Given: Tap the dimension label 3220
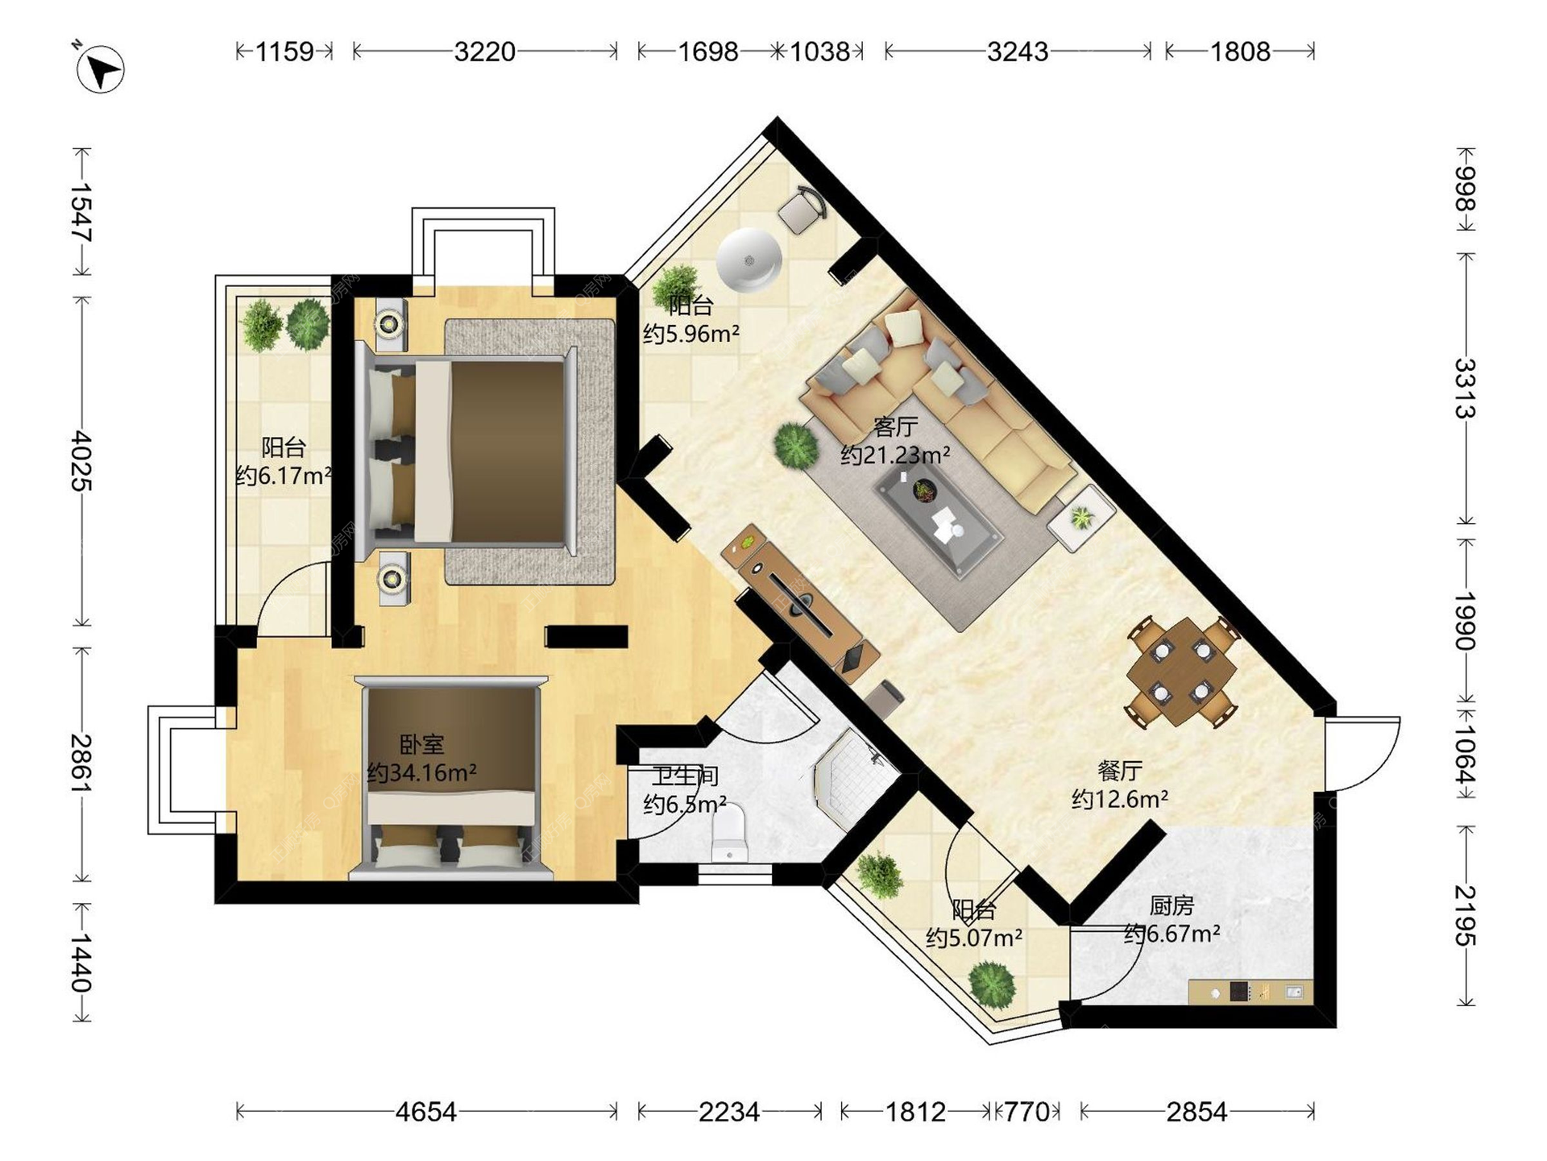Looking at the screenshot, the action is coord(484,52).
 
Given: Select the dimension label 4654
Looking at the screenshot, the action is coord(425,1112).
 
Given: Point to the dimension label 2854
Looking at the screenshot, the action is coord(1197,1112).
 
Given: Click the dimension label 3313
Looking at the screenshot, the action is coord(1465,389).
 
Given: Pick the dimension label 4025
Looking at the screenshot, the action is coord(81,460).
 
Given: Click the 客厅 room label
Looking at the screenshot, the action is coord(895,427).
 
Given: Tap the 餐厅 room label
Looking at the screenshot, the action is coord(1119,771).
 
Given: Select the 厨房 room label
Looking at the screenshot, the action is coord(1171,905).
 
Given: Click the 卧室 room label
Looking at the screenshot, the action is coord(421,744).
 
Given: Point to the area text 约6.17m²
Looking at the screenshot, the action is coord(284,475).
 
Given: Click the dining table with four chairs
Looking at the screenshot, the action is coord(1181,672).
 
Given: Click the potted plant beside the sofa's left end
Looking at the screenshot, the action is coord(796,445).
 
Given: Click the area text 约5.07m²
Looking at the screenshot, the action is coord(974,938).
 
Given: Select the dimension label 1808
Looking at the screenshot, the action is coord(1240,52).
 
